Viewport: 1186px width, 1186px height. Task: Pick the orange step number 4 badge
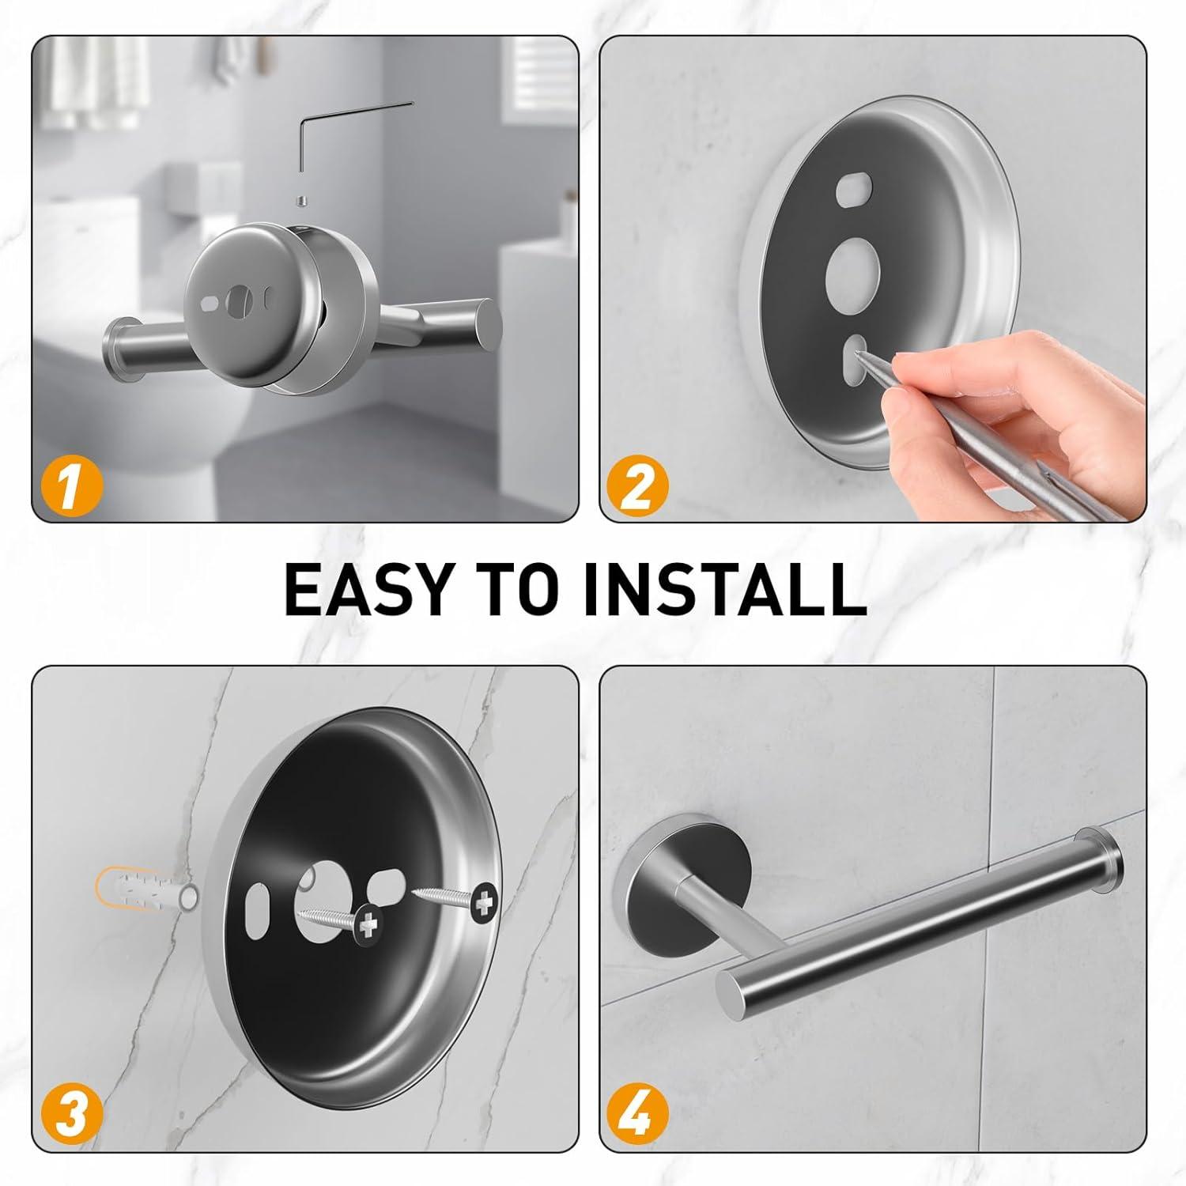pyautogui.click(x=637, y=1113)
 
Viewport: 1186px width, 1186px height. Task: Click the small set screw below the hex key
pyautogui.click(x=300, y=202)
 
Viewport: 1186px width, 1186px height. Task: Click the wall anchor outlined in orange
pyautogui.click(x=146, y=893)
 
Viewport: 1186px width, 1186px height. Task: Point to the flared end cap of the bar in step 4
pyautogui.click(x=1102, y=865)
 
